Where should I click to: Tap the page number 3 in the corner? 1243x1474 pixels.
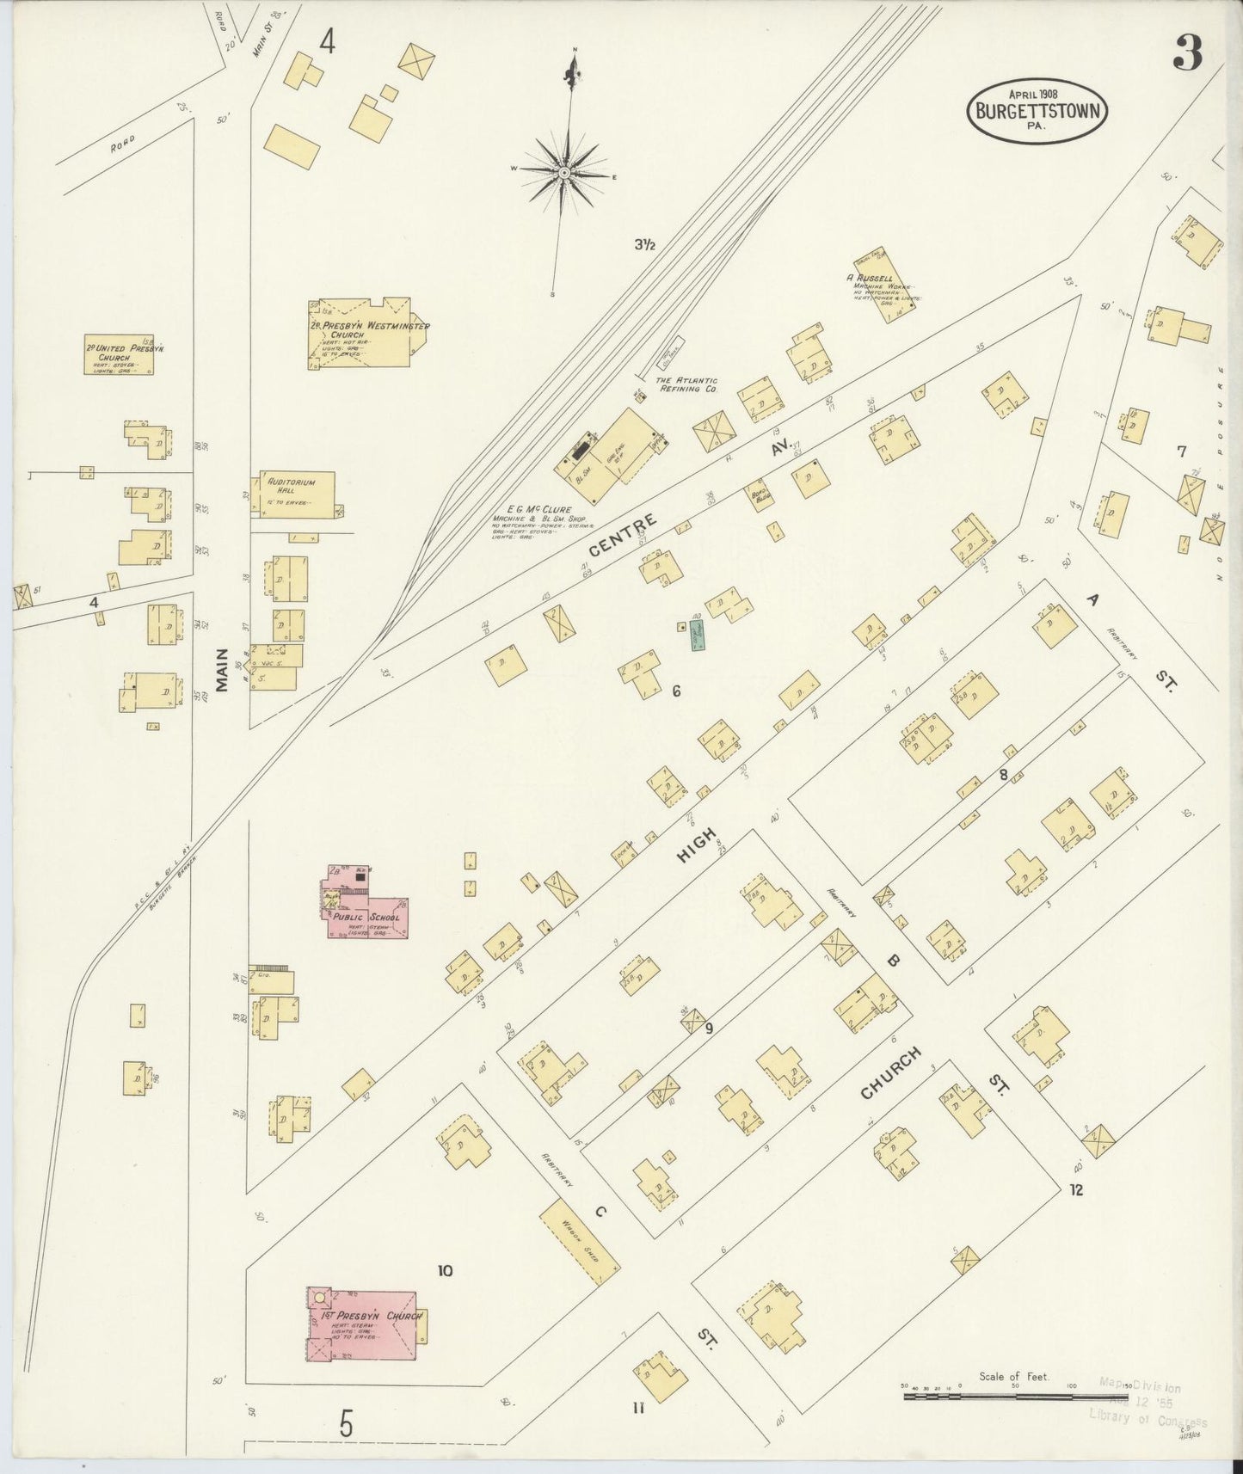[1187, 57]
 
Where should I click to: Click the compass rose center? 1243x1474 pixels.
[563, 173]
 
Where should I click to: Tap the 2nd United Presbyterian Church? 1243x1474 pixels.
[120, 354]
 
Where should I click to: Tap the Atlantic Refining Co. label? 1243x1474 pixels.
[687, 384]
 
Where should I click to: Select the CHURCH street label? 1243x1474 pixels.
[891, 1072]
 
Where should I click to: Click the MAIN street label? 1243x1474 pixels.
[222, 671]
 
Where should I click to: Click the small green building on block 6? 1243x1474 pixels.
[698, 636]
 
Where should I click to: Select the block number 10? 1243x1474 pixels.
[445, 1271]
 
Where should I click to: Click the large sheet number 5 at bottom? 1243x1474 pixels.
[346, 1425]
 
